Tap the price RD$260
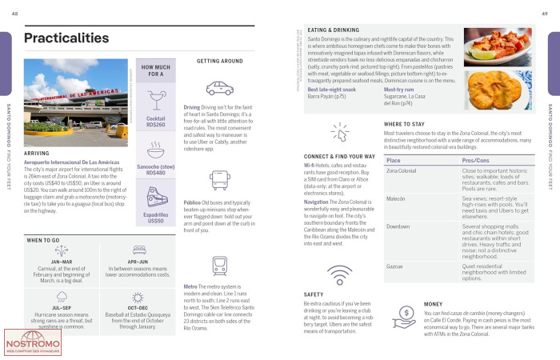[x=156, y=125]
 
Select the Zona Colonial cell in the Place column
[x=402, y=170]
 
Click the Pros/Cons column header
[x=479, y=160]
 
